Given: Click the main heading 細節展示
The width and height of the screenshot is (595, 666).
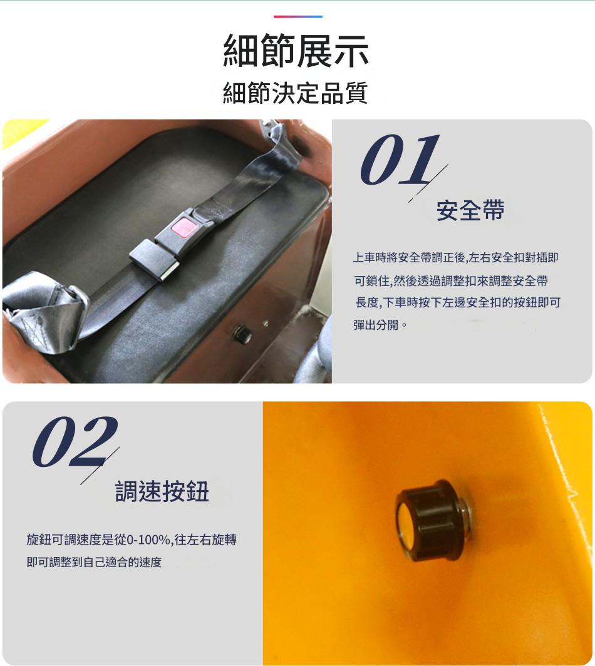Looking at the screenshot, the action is click(x=296, y=51).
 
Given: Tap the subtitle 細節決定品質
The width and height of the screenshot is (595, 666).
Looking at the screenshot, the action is click(x=296, y=93).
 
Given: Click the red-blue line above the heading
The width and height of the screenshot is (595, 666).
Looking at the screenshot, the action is click(x=298, y=16).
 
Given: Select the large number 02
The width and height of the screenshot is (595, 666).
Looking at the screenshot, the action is click(x=75, y=441).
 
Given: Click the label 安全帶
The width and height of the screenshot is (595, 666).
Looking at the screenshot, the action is click(x=470, y=210).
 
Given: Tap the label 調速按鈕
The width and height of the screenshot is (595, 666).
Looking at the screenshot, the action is click(x=162, y=491).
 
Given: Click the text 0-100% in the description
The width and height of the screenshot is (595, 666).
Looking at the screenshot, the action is click(x=148, y=540).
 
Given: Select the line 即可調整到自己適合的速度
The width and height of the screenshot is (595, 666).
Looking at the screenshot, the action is click(x=94, y=562).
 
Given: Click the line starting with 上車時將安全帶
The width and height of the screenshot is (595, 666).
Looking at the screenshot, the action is click(x=455, y=257).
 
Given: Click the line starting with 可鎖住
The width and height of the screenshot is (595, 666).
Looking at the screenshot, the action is click(x=452, y=280).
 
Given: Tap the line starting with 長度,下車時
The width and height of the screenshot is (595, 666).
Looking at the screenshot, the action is click(x=458, y=302).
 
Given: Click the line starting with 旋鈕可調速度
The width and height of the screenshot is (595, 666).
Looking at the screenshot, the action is click(x=132, y=540).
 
